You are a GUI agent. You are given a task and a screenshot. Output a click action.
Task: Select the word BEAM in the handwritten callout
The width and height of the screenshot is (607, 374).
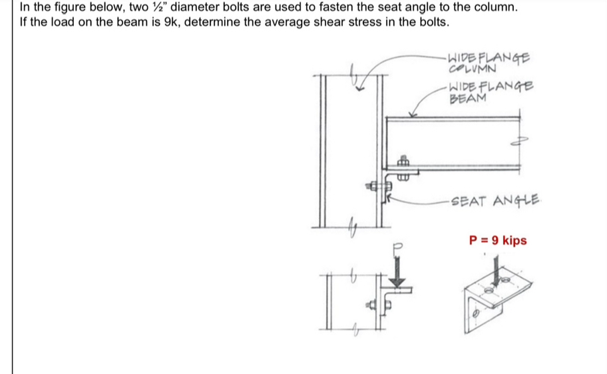tap(467, 99)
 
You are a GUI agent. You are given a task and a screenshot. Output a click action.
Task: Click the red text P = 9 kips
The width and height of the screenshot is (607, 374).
tap(498, 240)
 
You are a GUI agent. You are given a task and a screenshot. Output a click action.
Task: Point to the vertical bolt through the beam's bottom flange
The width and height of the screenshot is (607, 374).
tap(403, 167)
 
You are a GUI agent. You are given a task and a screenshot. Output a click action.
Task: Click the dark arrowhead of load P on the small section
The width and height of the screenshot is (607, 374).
tap(398, 282)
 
